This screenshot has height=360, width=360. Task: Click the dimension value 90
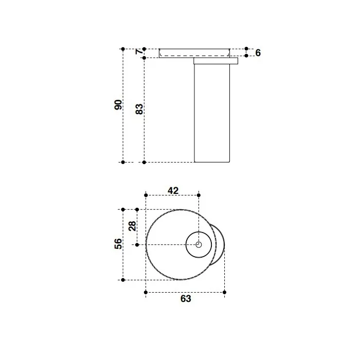[x=118, y=105]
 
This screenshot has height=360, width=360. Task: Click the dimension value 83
[x=139, y=109]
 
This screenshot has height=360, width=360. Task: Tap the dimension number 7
[x=139, y=52]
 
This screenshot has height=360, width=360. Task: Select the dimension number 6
[x=258, y=53]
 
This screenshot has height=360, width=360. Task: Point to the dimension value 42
[x=173, y=191]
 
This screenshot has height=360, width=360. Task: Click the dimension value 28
[x=132, y=226]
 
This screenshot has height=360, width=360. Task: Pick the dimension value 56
[x=118, y=244]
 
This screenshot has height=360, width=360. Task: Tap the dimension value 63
[x=186, y=299]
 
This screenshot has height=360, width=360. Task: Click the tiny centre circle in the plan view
[x=199, y=245]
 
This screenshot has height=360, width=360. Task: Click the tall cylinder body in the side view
[x=212, y=113]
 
